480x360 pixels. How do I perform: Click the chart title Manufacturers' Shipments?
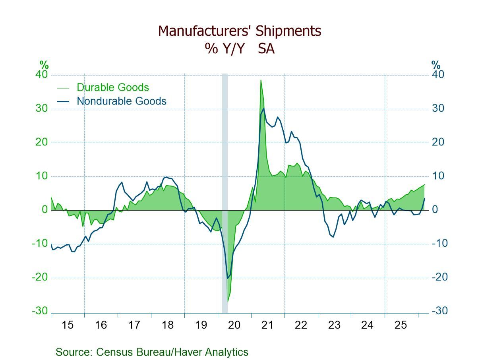(x=240, y=31)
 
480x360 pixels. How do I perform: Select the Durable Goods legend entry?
(x=112, y=87)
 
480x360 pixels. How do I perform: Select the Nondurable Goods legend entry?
(x=121, y=101)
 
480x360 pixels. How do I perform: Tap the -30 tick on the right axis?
(x=439, y=311)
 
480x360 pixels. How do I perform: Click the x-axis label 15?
(x=68, y=325)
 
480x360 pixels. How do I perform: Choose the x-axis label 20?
(x=234, y=325)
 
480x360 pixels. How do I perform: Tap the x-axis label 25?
(x=401, y=325)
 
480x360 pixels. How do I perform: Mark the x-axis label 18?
(x=168, y=325)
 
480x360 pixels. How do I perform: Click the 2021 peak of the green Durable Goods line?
(x=261, y=80)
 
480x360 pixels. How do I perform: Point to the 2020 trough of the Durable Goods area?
(x=228, y=302)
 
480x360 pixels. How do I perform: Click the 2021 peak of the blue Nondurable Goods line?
(x=263, y=108)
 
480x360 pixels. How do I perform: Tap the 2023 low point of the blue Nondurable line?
(x=333, y=237)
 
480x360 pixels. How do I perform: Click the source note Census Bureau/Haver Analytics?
(x=152, y=352)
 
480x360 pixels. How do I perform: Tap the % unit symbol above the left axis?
(x=43, y=65)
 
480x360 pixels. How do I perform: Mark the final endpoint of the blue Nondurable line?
(x=425, y=198)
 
